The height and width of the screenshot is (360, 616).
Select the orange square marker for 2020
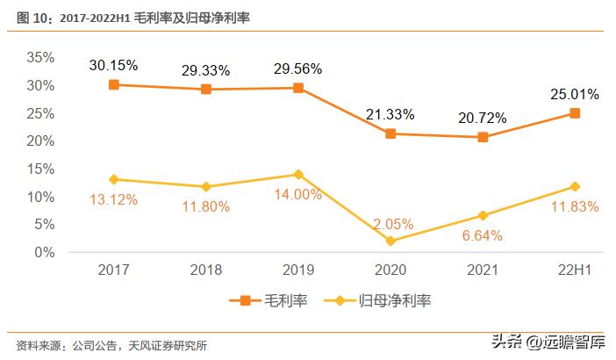[390, 133]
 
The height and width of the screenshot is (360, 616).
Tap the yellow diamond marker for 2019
[298, 174]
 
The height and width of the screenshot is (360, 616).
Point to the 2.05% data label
[390, 224]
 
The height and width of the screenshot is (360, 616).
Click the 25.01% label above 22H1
[575, 94]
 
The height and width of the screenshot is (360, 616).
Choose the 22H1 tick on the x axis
[575, 271]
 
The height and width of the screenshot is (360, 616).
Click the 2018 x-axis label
[206, 271]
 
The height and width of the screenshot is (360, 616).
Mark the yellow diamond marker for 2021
[483, 215]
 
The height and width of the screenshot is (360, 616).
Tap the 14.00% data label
[298, 195]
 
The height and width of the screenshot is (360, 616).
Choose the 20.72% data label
[483, 117]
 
